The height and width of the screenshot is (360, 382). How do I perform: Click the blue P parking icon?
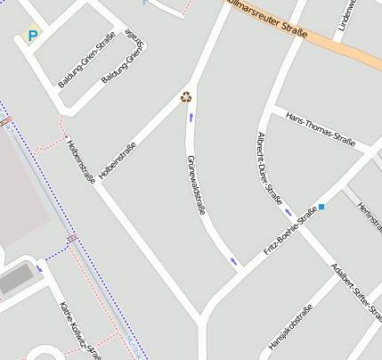click(33, 37)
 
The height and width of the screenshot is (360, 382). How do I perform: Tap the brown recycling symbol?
click(187, 98)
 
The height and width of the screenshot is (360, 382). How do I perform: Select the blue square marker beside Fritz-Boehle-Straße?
click(321, 207)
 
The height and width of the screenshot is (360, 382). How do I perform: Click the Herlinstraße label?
click(367, 217)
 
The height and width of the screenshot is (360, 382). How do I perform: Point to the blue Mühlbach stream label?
click(134, 348)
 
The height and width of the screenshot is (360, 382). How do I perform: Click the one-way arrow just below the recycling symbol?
click(190, 116)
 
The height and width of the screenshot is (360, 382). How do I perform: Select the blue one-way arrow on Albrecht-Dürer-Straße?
click(288, 213)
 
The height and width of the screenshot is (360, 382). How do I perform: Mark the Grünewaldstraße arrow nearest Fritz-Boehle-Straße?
click(234, 261)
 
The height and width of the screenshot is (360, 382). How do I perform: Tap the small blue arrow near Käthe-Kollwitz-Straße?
click(39, 267)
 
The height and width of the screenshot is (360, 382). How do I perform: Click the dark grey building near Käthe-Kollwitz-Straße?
click(16, 281)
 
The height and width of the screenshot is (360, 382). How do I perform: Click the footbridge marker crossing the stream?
click(71, 238)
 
